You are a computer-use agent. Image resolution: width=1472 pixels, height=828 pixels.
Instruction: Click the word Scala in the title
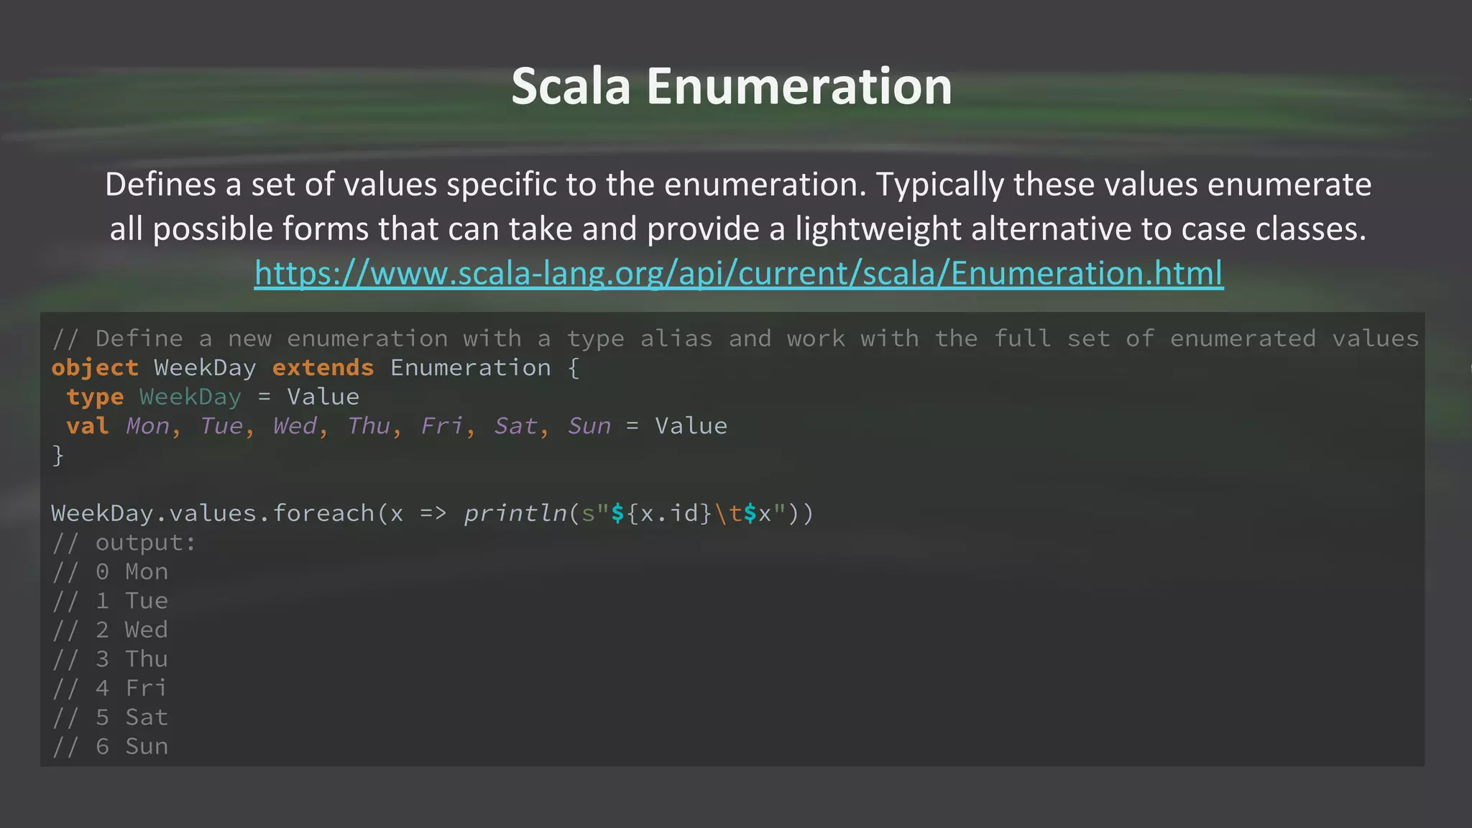pyautogui.click(x=571, y=86)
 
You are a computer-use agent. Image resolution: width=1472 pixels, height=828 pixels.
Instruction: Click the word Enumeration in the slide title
pyautogui.click(x=799, y=86)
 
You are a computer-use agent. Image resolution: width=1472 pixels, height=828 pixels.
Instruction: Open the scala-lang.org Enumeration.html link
pyautogui.click(x=738, y=273)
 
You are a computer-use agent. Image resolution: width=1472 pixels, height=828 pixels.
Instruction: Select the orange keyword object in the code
pyautogui.click(x=95, y=368)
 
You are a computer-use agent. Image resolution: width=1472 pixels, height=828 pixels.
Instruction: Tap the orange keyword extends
pyautogui.click(x=323, y=368)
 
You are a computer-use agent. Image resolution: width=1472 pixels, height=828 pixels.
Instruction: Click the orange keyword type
pyautogui.click(x=95, y=397)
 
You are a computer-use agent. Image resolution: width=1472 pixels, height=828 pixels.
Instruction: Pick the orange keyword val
pyautogui.click(x=88, y=426)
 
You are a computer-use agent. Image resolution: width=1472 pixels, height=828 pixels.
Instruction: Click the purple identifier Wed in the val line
pyautogui.click(x=295, y=426)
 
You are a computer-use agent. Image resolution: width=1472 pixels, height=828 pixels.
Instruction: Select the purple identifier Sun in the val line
pyautogui.click(x=589, y=426)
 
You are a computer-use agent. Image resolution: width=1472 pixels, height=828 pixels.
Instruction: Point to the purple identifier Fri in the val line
pyautogui.click(x=441, y=426)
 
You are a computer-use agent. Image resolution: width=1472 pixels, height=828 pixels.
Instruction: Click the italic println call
pyautogui.click(x=515, y=513)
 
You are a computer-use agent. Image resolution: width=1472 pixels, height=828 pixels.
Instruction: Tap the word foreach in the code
pyautogui.click(x=323, y=513)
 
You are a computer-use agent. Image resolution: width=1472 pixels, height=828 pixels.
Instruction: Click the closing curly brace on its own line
pyautogui.click(x=57, y=456)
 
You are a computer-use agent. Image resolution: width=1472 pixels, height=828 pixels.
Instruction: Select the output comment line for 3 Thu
pyautogui.click(x=110, y=659)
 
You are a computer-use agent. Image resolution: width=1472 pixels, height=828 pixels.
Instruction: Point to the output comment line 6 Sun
pyautogui.click(x=110, y=747)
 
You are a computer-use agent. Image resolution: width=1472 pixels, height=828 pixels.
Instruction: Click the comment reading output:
pyautogui.click(x=124, y=543)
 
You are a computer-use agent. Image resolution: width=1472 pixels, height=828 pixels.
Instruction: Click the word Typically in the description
pyautogui.click(x=939, y=185)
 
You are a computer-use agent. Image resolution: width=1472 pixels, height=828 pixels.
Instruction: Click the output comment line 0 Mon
pyautogui.click(x=110, y=572)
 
